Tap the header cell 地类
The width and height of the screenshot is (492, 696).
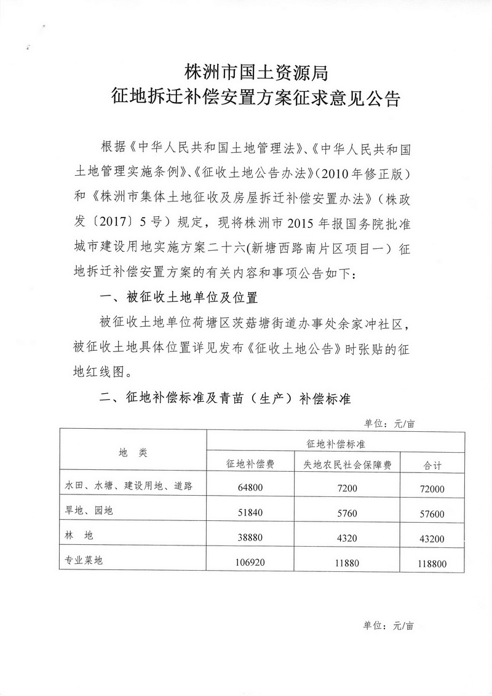tap(133, 452)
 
